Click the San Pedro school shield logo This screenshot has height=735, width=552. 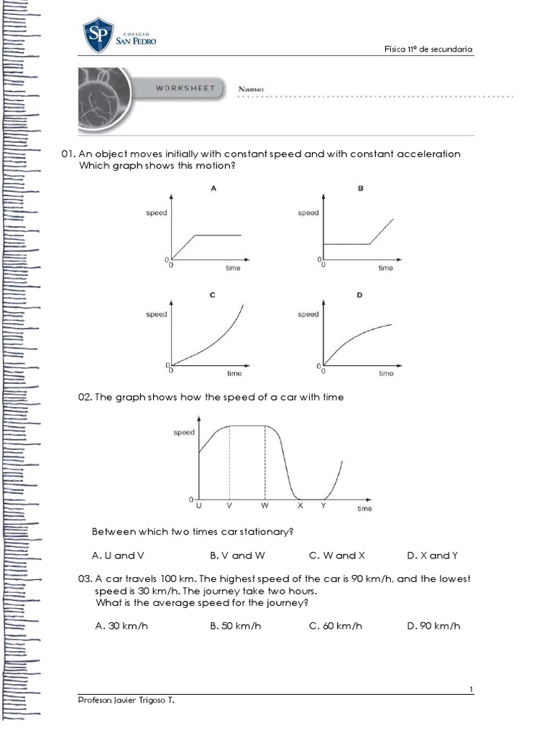pos(98,35)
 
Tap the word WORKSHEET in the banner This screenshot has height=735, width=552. pos(186,88)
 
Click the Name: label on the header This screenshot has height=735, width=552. pos(252,89)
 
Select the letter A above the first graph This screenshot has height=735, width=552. pos(213,188)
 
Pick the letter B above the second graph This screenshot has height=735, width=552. pos(361,188)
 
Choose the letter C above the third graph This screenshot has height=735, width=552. pos(213,295)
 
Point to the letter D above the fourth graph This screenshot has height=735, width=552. pos(361,295)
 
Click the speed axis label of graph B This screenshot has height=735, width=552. pos(308,213)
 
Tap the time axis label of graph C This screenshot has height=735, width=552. pos(234,373)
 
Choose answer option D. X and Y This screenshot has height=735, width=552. pos(432,556)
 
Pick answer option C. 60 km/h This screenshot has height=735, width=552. pos(336,626)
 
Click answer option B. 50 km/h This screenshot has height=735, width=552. pos(235,626)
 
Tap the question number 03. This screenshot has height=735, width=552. pos(85,579)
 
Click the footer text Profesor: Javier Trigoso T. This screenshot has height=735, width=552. pos(126,701)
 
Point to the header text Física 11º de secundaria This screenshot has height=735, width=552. pos(428,49)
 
